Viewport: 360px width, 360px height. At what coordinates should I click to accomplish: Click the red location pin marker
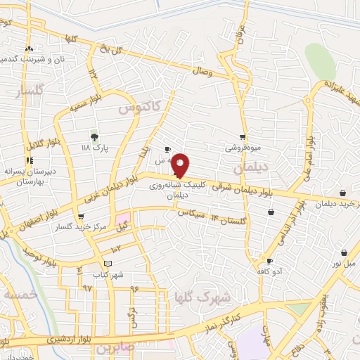tap(180, 165)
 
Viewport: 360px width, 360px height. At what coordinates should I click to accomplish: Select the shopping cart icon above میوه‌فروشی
tap(243, 137)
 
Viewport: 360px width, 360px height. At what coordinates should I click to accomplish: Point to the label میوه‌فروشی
tap(243, 148)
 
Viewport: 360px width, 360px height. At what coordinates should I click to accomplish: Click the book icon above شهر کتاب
tap(106, 264)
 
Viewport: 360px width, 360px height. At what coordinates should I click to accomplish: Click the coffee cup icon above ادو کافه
tap(268, 260)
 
